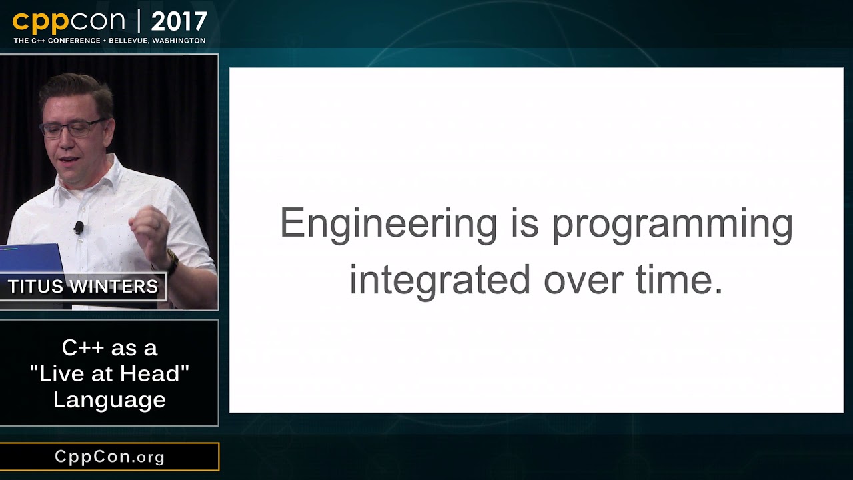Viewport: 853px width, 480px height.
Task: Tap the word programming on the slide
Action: pos(672,225)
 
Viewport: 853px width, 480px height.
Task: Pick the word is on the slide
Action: pos(525,223)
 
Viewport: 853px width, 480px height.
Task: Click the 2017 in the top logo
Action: pos(179,22)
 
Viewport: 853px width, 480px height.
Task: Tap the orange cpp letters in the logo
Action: pos(41,23)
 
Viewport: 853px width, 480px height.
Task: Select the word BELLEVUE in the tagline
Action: pos(127,41)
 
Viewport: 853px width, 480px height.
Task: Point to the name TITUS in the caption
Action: pos(35,287)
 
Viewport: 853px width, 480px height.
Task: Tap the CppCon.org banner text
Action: pos(109,457)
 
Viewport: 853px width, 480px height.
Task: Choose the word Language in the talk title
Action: pos(110,401)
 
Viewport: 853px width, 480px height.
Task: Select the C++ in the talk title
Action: pos(83,347)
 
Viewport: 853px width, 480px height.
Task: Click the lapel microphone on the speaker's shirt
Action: pos(79,228)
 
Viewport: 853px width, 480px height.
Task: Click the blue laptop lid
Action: pos(31,259)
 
